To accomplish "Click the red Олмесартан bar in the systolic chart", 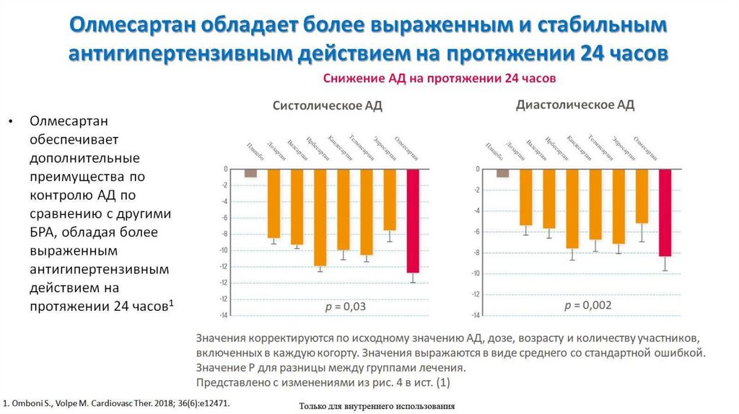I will [x=412, y=221].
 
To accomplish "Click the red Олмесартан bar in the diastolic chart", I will [x=664, y=213].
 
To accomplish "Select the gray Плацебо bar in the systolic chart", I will [x=250, y=173].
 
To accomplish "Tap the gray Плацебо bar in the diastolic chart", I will [x=502, y=173].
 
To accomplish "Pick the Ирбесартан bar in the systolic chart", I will [x=320, y=217].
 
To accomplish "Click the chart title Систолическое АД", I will [x=327, y=105].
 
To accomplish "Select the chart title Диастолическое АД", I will [x=575, y=105].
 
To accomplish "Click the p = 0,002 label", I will [x=587, y=306].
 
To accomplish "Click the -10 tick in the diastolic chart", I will [x=476, y=273].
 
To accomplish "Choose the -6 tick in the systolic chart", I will [x=224, y=218].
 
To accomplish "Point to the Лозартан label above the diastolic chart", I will [x=515, y=148].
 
